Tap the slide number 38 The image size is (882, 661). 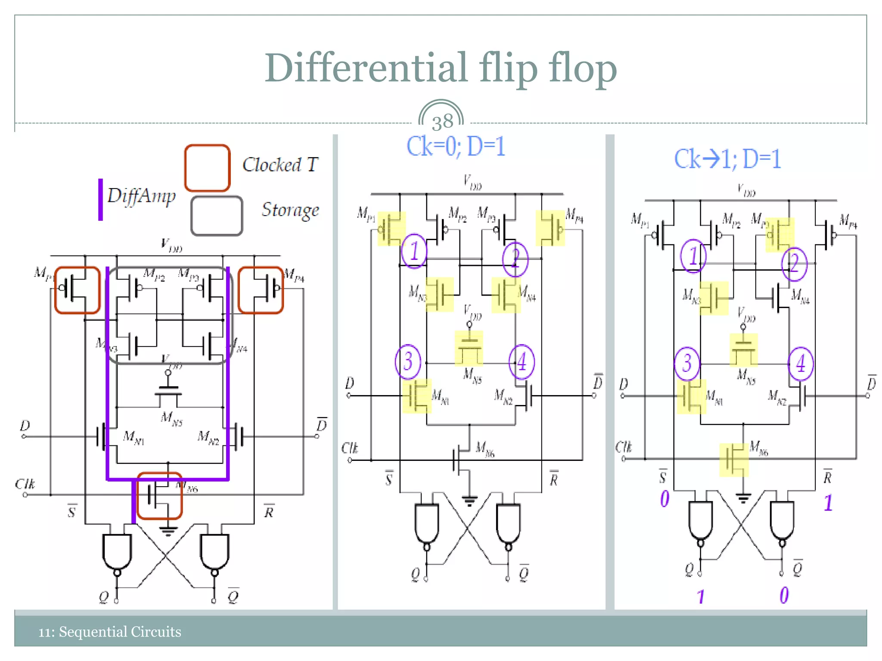pos(442,122)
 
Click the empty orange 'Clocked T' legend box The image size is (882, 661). pos(207,168)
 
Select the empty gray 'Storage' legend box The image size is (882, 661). pos(217,216)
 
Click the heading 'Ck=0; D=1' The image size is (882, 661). pos(456,147)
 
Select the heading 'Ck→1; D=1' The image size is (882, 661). pos(727,159)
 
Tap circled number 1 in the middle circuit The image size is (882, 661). pos(414,251)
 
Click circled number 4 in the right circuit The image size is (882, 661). pos(801,364)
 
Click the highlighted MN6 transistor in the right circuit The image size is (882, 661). pos(734,460)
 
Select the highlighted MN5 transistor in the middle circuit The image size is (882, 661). pos(469,348)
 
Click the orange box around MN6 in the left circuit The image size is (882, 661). pos(160,496)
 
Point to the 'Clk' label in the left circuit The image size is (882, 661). pos(25,484)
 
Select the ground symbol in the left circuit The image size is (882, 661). pos(168,531)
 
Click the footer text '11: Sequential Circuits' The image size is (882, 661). pos(109,632)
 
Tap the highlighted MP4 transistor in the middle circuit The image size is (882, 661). pos(550,228)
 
